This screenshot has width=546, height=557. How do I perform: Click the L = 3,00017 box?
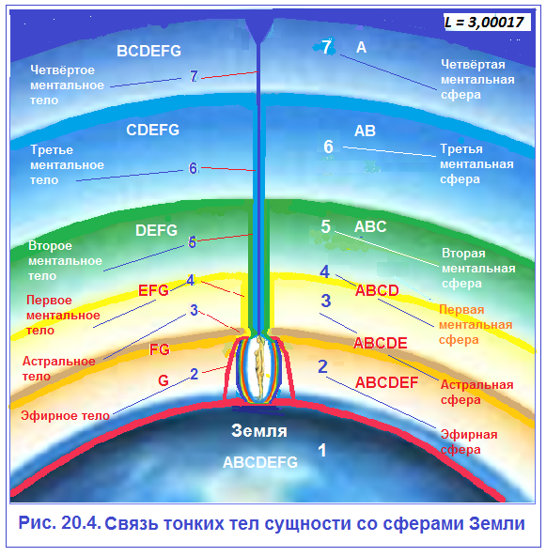click(x=487, y=22)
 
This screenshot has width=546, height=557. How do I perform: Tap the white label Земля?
click(x=259, y=430)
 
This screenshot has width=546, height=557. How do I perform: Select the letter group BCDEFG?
click(x=148, y=51)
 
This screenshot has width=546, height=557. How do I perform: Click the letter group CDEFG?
click(x=152, y=130)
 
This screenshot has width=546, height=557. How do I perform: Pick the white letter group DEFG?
click(x=156, y=230)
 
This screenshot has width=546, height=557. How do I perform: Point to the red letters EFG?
click(x=153, y=290)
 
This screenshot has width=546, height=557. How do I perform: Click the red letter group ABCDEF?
click(x=387, y=382)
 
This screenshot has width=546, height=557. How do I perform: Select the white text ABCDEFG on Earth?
click(x=260, y=462)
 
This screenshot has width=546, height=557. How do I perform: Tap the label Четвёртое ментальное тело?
click(x=67, y=85)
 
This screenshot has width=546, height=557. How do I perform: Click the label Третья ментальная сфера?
click(x=476, y=164)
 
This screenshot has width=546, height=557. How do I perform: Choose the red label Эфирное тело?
click(x=65, y=415)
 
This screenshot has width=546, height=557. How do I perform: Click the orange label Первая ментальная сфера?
click(x=476, y=325)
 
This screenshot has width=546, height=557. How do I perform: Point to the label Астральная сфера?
click(x=476, y=392)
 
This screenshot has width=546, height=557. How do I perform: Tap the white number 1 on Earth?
click(x=322, y=451)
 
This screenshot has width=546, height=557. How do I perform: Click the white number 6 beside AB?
click(x=328, y=147)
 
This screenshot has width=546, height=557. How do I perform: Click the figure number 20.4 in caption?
click(x=82, y=523)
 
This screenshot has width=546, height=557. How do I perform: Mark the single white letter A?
click(x=361, y=47)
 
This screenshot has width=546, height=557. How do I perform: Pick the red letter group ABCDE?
click(x=381, y=343)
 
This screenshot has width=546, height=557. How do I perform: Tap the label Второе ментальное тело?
click(x=65, y=261)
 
